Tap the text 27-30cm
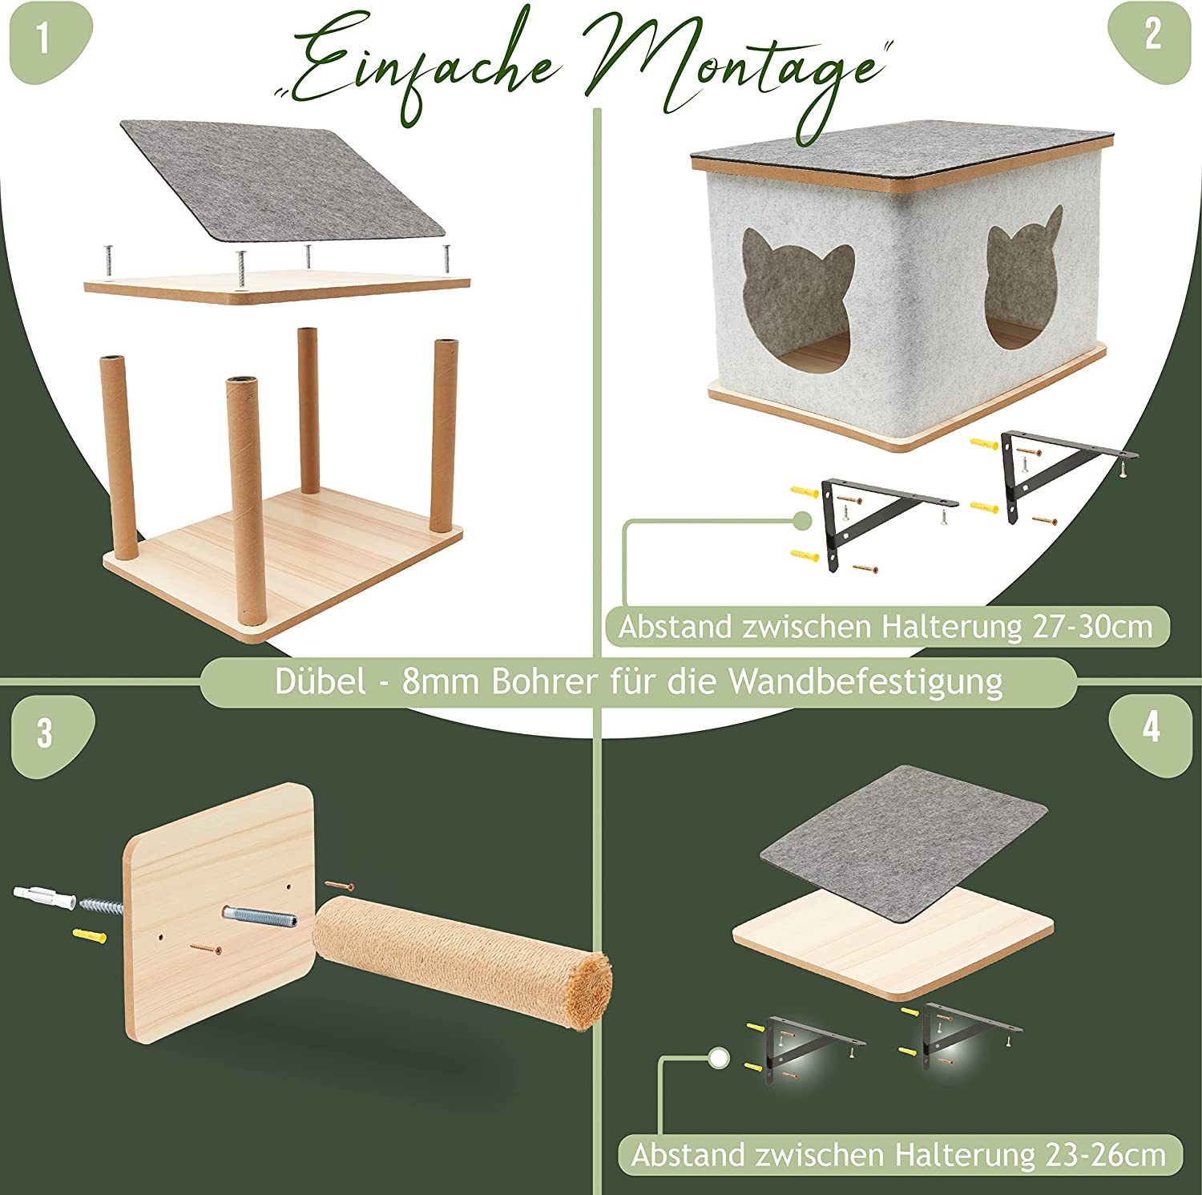click(x=1092, y=626)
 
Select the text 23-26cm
click(x=1106, y=1155)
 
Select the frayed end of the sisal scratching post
click(x=591, y=991)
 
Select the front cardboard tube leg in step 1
click(x=245, y=500)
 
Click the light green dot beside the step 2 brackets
click(x=801, y=520)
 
